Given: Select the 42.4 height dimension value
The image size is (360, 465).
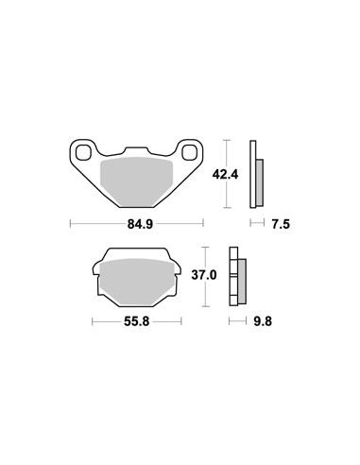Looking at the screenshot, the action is [225, 174].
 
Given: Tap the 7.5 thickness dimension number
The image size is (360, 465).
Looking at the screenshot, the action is [281, 224].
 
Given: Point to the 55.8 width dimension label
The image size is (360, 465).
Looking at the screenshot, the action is [136, 321].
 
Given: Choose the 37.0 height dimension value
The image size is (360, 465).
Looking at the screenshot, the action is [204, 275].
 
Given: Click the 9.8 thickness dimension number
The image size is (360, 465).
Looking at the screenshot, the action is [263, 321].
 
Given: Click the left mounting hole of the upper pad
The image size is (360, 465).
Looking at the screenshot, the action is [83, 152].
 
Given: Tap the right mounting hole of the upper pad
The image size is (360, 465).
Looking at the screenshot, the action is [189, 152].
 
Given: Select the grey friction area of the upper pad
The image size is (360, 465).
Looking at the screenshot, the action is [136, 181].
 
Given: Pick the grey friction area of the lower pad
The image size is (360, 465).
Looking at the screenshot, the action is [137, 282].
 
